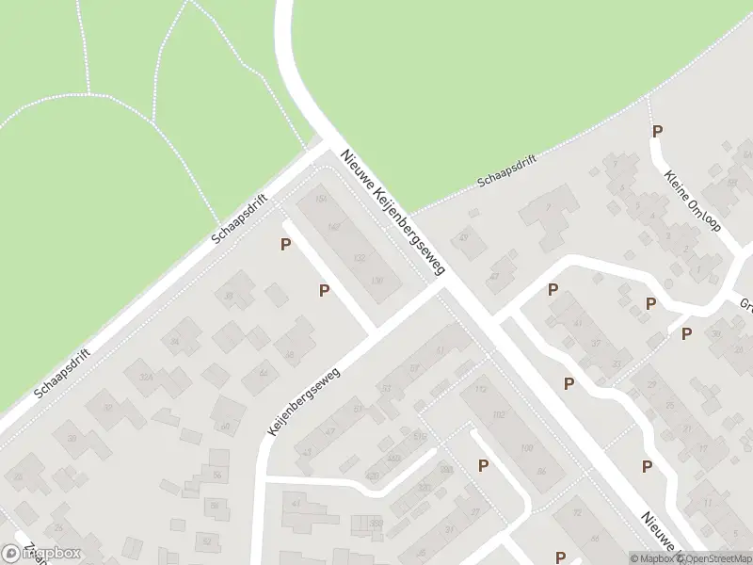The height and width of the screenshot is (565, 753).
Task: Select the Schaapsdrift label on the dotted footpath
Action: point(506,170)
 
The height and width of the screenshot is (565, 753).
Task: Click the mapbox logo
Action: point(41,554)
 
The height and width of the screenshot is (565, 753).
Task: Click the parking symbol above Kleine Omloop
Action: point(658,132)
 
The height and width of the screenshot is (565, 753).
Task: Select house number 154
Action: point(320,200)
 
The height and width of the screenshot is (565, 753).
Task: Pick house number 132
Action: point(359,257)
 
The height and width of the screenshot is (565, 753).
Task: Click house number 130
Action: point(378,281)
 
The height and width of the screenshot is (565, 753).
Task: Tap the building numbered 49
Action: point(464,238)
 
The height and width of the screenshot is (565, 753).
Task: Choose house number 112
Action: point(481,390)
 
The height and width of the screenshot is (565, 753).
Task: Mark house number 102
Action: point(499,414)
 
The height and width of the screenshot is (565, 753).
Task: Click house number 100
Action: point(526,448)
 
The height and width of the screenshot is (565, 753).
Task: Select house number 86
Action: point(540,471)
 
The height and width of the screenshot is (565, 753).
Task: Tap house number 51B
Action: point(420,436)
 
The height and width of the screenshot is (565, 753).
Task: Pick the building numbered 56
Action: point(216,476)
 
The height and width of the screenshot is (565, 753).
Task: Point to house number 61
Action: point(440,350)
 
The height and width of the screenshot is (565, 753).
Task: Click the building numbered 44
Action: point(264,374)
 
